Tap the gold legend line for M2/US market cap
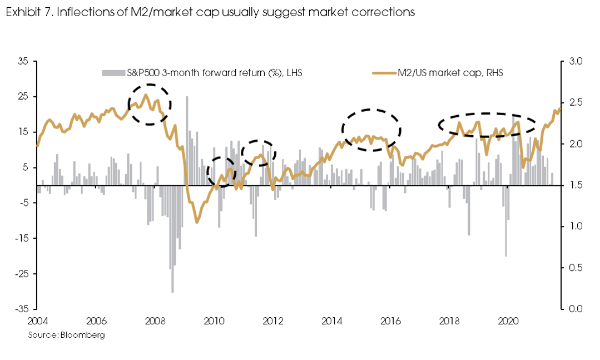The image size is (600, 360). click(383, 73)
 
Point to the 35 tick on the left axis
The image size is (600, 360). click(22, 61)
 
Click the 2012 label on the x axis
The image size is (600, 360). click(273, 321)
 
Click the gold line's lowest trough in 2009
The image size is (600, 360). click(196, 222)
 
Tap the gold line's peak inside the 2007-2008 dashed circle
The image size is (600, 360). click(146, 95)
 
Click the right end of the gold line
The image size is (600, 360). click(559, 109)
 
